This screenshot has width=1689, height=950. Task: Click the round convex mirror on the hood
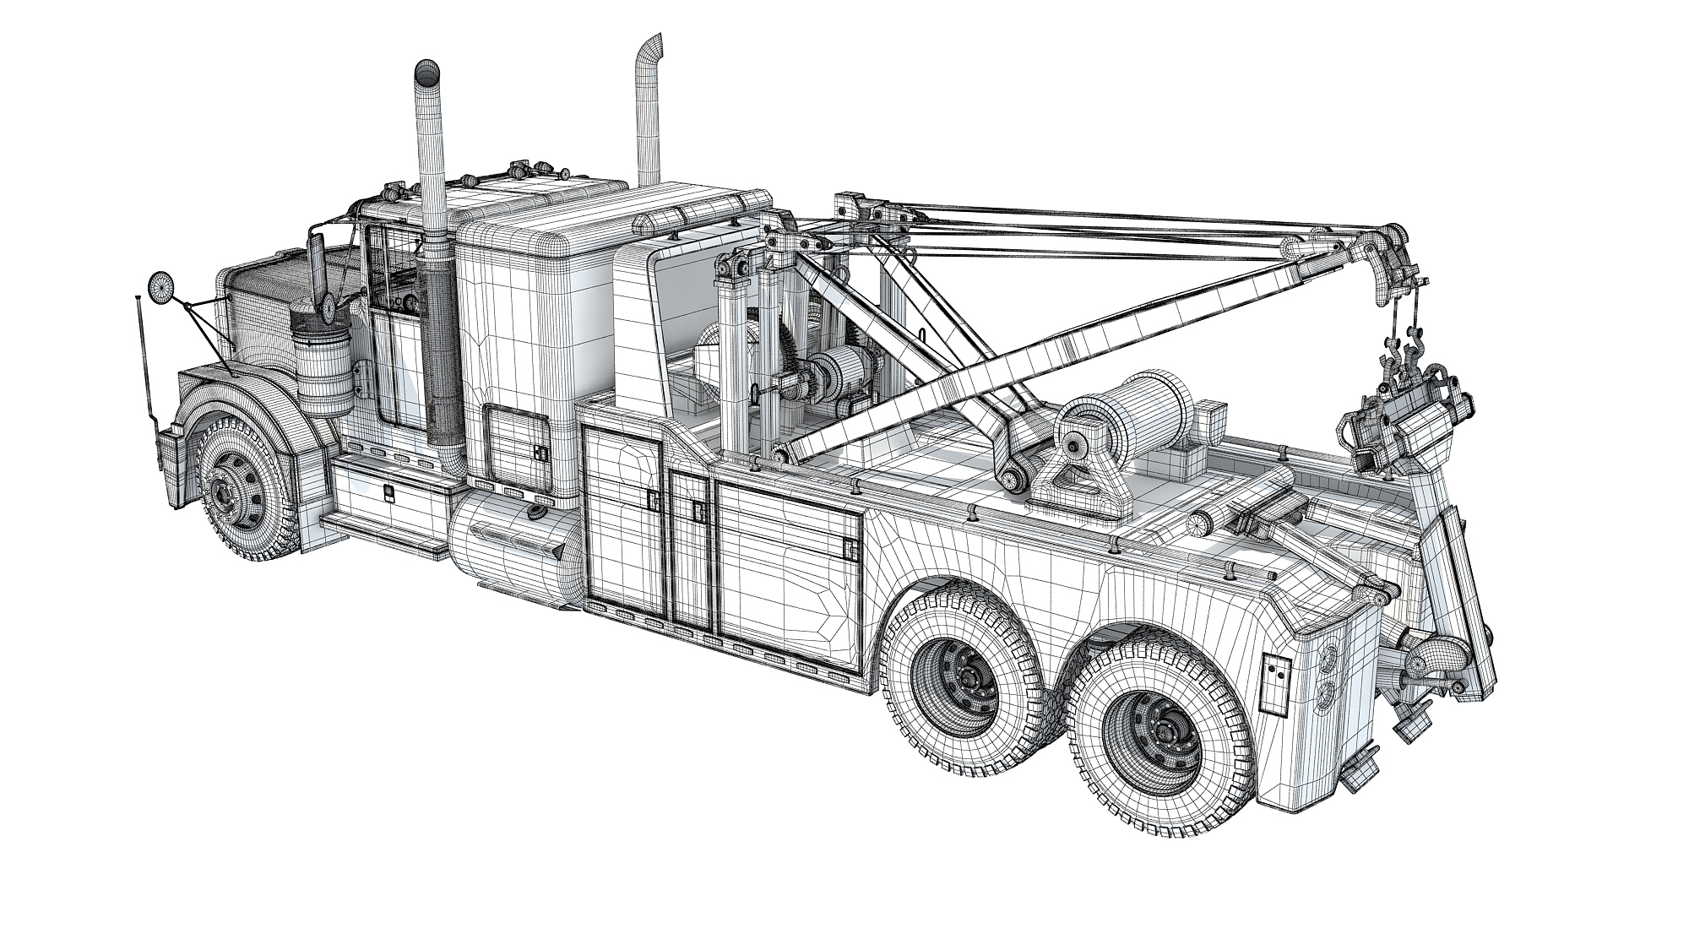point(159,286)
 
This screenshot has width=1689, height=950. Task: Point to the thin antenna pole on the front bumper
point(144,355)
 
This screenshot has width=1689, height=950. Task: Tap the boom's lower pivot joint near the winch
point(1013,472)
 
